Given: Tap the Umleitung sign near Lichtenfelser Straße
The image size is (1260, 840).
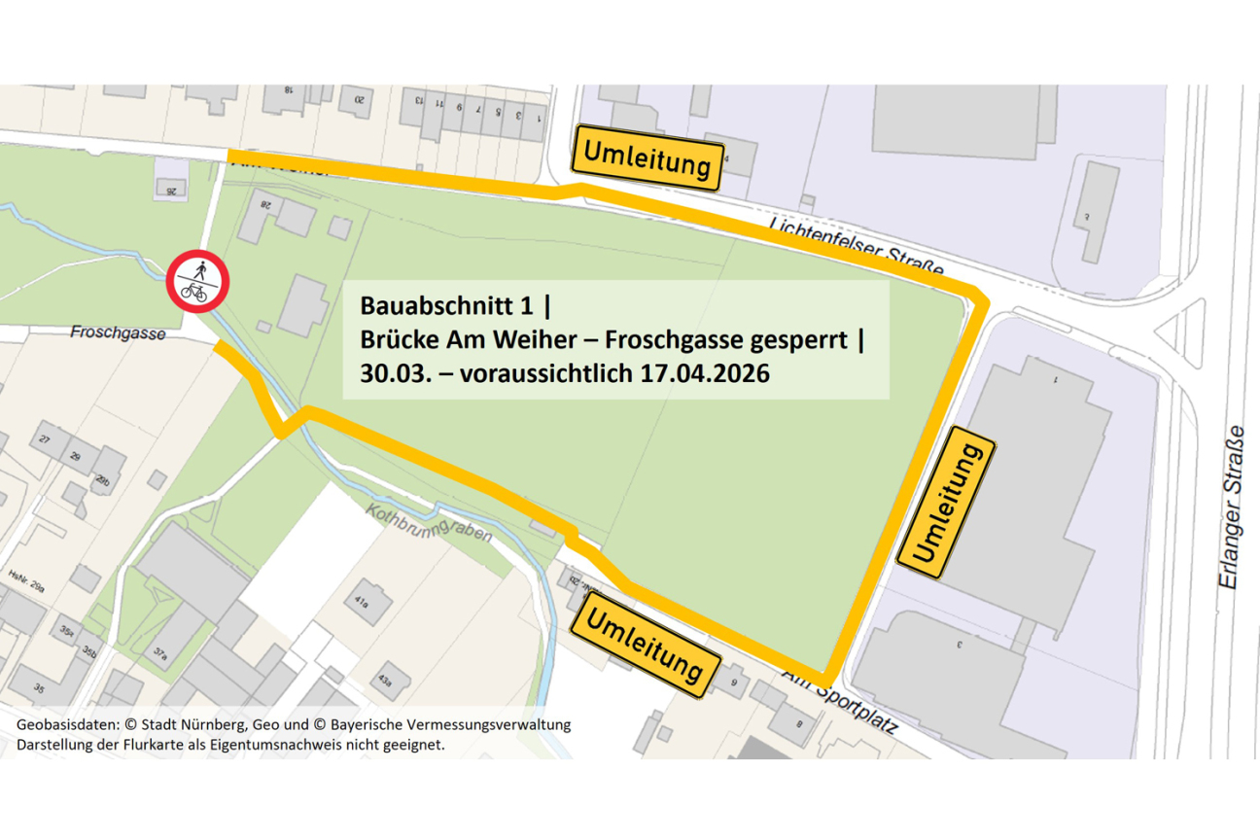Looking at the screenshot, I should (x=647, y=158).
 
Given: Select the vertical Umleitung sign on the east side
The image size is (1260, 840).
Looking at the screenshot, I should (x=945, y=503).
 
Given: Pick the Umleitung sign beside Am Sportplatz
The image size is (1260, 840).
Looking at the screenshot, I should (x=646, y=645).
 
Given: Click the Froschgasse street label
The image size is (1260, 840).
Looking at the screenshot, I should (x=118, y=332).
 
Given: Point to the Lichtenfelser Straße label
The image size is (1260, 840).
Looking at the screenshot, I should (x=856, y=246).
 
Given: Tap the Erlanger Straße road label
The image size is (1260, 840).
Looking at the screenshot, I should (x=1232, y=507).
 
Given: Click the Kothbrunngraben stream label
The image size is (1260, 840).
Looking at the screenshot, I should (x=425, y=522).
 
